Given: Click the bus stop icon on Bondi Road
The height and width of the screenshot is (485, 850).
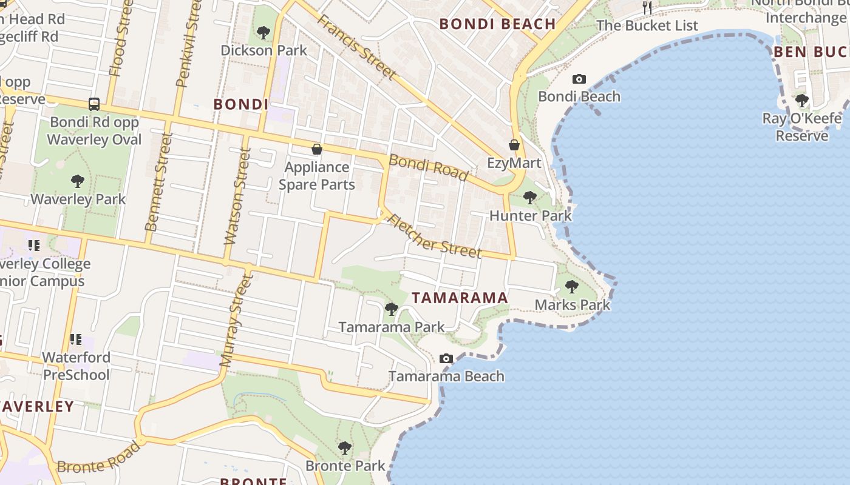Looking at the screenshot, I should pyautogui.click(x=94, y=104).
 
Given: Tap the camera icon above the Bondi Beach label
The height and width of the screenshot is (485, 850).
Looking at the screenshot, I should pyautogui.click(x=579, y=79).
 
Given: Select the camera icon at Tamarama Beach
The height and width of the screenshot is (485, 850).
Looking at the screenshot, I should pyautogui.click(x=446, y=358).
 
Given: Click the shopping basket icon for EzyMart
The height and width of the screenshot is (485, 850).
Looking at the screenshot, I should pyautogui.click(x=514, y=145).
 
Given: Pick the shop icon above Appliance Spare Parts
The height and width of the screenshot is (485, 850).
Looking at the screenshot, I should pyautogui.click(x=316, y=149).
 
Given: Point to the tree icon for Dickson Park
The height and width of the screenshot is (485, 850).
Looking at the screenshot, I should pyautogui.click(x=263, y=32).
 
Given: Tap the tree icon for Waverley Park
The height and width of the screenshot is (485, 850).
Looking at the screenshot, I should pyautogui.click(x=77, y=181).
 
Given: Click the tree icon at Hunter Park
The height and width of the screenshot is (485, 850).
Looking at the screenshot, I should pyautogui.click(x=530, y=197).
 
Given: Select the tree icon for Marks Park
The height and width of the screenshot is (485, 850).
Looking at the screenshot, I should pyautogui.click(x=571, y=286).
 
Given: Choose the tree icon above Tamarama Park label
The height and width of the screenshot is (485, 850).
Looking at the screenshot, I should pyautogui.click(x=392, y=309).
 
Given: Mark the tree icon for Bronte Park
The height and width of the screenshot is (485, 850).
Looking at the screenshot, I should pyautogui.click(x=345, y=448).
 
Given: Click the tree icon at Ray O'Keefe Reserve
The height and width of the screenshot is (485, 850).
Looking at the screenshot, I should pyautogui.click(x=802, y=100).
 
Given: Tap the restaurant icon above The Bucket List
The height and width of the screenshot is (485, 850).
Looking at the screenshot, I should pyautogui.click(x=647, y=7).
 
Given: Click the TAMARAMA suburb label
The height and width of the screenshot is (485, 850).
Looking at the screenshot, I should pyautogui.click(x=460, y=298).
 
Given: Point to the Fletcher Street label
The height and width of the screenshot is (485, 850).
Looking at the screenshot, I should pyautogui.click(x=435, y=236).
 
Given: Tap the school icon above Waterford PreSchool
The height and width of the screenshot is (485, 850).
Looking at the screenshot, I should pyautogui.click(x=76, y=339).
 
